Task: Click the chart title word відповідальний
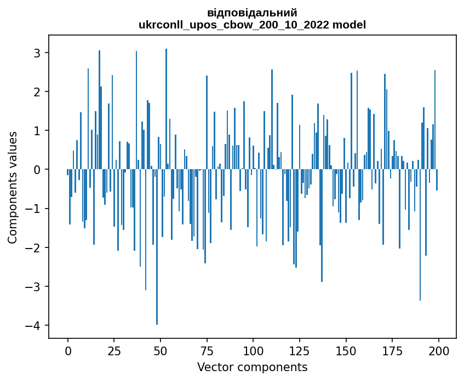click(x=252, y=13)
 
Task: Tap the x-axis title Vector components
click(x=252, y=367)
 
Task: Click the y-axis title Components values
click(x=13, y=187)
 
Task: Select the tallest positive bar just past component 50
click(x=166, y=109)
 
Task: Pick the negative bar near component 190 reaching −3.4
click(x=420, y=235)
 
